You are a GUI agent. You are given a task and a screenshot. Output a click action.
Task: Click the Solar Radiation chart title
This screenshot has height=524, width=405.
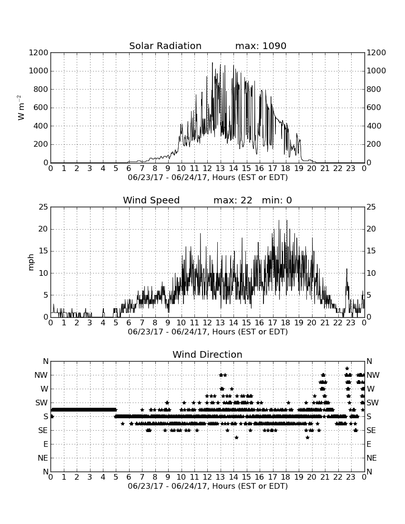point(165,46)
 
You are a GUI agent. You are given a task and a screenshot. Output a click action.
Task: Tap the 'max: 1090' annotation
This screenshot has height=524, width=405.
point(261,46)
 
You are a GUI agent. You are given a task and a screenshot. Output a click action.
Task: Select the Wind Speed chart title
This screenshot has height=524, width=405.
point(152,200)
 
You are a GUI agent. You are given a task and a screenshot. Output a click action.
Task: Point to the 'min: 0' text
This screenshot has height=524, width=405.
point(277,200)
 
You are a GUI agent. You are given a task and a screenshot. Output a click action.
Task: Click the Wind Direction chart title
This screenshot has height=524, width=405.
point(207,354)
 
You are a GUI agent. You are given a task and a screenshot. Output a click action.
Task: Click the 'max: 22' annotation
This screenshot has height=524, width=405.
point(233,200)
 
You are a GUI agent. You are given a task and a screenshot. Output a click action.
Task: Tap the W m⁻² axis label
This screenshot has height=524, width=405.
point(20,108)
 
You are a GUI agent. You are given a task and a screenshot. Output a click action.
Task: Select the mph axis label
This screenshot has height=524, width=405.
point(31,262)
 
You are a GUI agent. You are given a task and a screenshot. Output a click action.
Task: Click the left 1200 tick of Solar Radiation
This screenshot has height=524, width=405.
point(39,52)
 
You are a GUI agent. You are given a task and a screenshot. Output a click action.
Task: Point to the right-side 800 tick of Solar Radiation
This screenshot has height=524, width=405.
point(374,89)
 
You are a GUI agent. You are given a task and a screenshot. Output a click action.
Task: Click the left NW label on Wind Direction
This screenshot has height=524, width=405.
point(41,375)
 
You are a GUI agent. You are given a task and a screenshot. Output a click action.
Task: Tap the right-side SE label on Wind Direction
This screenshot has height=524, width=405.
point(371,431)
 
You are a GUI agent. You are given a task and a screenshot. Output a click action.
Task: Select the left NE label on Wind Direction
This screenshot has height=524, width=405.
point(43,458)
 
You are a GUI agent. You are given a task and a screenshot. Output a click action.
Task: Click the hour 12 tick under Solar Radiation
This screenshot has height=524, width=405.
point(208,168)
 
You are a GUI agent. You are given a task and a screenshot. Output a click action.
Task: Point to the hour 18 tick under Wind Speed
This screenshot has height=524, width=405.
point(286,322)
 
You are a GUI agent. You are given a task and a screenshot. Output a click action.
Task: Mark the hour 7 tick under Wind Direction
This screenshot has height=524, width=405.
point(142,477)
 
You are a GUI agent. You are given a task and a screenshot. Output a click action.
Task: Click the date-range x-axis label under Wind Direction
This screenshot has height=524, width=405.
point(208,486)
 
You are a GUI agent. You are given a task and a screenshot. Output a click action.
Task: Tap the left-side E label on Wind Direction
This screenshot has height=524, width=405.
point(46,444)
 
